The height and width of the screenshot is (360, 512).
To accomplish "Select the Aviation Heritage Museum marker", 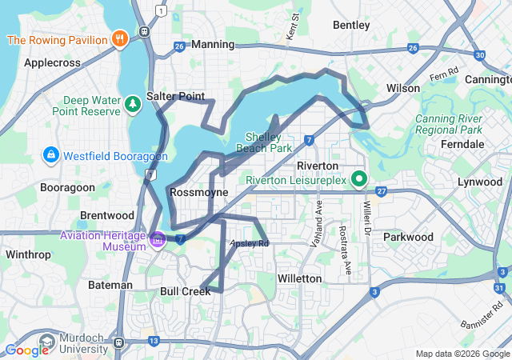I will pyautogui.click(x=158, y=238).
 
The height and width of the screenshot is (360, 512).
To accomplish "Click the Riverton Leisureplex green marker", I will pyautogui.click(x=359, y=179).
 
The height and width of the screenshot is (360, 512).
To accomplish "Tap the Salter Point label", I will pyautogui.click(x=175, y=96).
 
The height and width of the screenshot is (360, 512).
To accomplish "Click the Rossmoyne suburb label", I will pyautogui.click(x=199, y=192).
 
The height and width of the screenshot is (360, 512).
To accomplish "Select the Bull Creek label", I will pyautogui.click(x=185, y=291).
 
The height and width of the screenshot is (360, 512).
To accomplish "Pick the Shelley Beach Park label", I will pyautogui.click(x=269, y=142).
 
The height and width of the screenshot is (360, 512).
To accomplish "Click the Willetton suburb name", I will pyautogui.click(x=299, y=278).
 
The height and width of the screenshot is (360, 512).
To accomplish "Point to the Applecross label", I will pyautogui.click(x=53, y=62).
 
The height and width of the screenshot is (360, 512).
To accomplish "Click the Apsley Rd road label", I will pyautogui.click(x=250, y=243).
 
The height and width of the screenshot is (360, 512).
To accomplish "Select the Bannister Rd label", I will pyautogui.click(x=484, y=314).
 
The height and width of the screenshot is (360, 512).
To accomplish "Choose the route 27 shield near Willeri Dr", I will pyautogui.click(x=382, y=191).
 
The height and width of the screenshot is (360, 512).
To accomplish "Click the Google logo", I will pyautogui.click(x=26, y=350).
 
